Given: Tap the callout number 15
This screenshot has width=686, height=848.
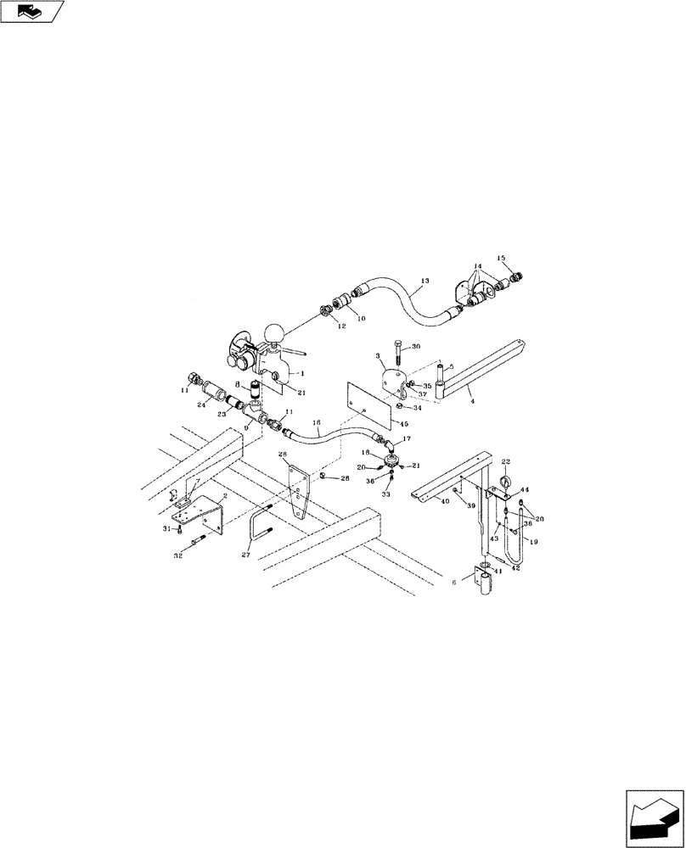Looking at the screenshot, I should coord(501,258).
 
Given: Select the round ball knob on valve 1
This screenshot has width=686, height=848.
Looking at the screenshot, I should coord(275,332).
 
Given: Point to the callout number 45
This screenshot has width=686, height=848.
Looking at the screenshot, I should coord(403,424).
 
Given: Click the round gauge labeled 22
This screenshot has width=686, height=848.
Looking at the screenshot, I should coord(504,484).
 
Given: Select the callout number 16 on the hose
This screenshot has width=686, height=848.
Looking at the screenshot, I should coord(317,421).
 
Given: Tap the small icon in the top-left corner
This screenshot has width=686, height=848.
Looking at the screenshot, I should coord(32,12).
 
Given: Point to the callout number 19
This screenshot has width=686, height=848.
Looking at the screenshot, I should coord(531,540).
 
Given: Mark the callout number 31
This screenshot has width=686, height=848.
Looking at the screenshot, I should coord(166,529).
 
